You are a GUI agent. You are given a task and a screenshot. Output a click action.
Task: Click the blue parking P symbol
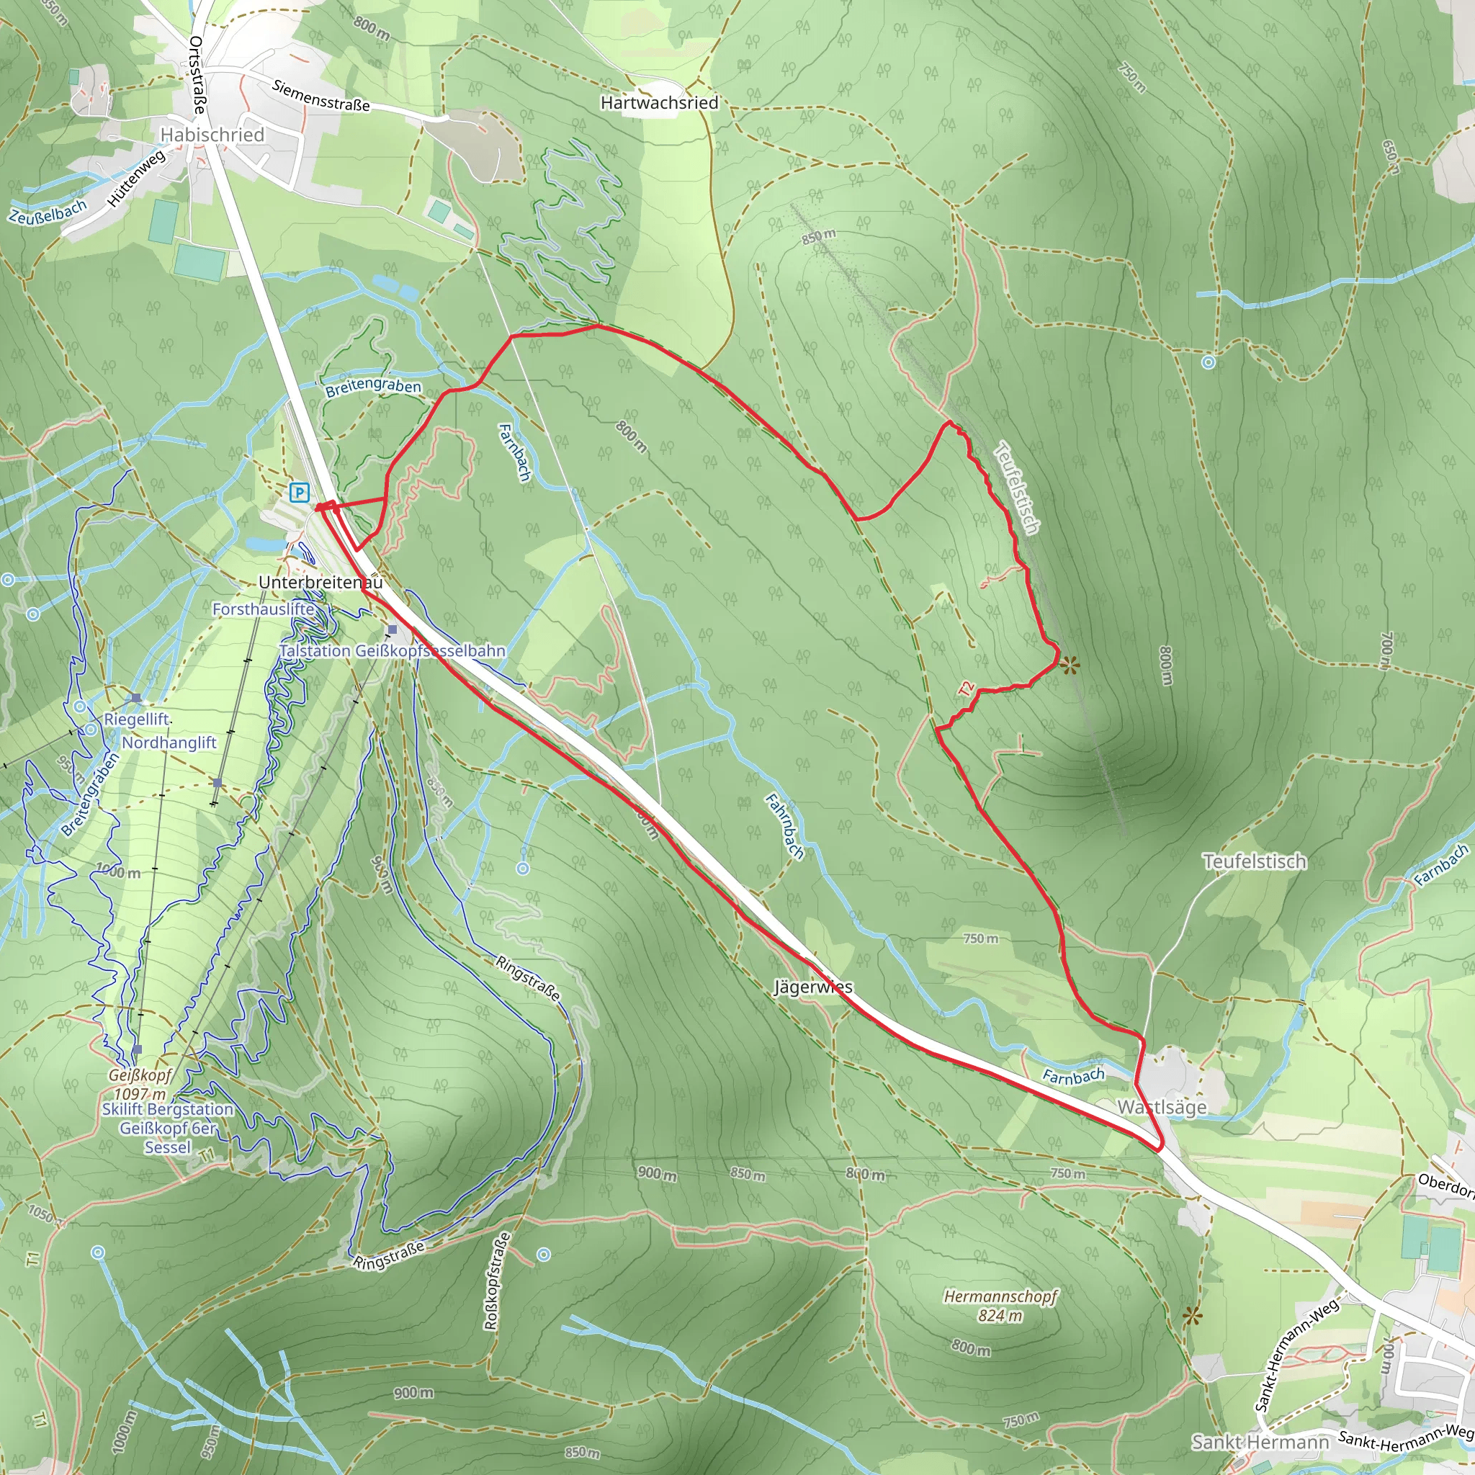point(300,493)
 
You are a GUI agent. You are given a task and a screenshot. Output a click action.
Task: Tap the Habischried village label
point(212,135)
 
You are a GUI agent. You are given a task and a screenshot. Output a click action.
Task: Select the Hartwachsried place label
point(660,102)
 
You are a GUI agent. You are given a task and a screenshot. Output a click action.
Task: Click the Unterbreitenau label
point(320,583)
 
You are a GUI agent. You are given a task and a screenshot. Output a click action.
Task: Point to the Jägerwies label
point(813,987)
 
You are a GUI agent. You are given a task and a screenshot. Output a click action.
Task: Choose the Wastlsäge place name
point(1162,1107)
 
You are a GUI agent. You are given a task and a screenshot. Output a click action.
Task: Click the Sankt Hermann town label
point(1260,1442)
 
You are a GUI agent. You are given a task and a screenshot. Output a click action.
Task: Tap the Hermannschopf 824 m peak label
point(1001,1306)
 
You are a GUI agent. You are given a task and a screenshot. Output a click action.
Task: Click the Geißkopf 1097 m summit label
point(140,1085)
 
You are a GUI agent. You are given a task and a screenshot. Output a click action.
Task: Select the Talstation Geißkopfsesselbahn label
point(392,651)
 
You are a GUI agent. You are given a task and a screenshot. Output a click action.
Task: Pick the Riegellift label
point(137,719)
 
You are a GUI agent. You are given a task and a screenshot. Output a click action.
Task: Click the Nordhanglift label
point(169,742)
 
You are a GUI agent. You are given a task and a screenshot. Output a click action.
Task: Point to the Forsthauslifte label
point(264,609)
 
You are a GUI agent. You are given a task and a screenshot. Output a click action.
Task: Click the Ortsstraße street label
point(196,75)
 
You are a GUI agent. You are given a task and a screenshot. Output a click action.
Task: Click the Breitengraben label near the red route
point(372,388)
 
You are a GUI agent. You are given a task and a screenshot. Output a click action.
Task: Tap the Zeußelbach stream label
point(48,212)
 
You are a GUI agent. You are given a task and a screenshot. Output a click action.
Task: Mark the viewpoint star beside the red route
point(1070,665)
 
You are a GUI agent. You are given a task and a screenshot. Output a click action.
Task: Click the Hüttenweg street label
point(137,179)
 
